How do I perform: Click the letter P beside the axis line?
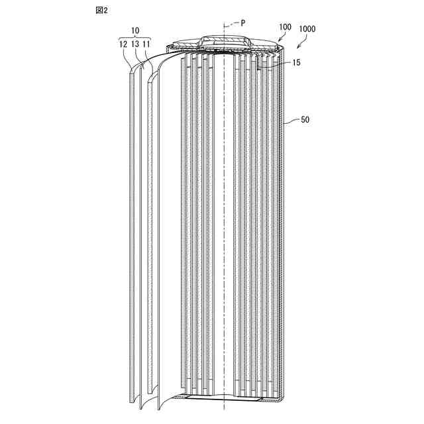242,22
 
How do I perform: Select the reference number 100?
285,27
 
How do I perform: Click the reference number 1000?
307,30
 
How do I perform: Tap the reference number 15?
295,63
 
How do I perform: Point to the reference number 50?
305,121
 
